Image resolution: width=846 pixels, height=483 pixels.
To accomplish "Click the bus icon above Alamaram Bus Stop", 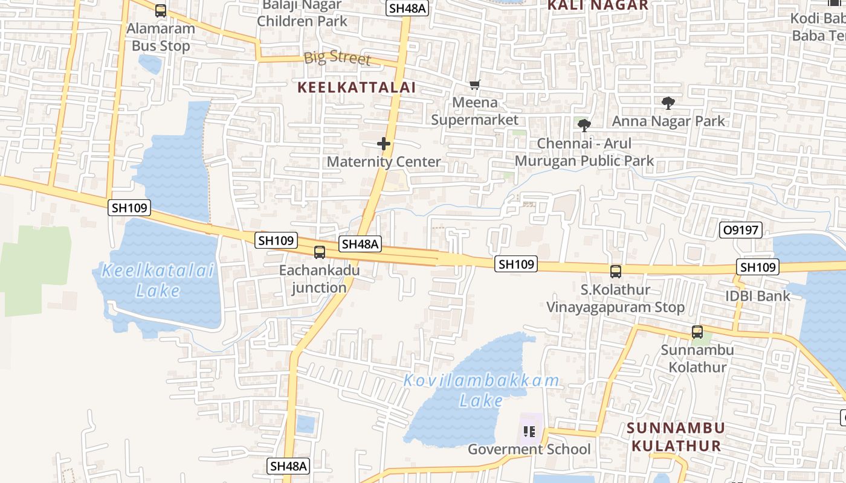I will coord(161,10).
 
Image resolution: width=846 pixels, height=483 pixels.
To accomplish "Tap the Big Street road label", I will coord(337,58).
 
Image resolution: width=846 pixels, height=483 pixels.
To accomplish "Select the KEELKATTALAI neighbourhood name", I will coord(357,88).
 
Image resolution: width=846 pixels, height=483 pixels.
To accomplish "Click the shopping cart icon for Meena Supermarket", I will coord(475,85).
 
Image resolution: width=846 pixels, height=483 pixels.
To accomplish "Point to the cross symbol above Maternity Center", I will coord(384,144).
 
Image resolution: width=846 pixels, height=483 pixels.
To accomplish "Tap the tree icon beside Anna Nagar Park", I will coord(668,103).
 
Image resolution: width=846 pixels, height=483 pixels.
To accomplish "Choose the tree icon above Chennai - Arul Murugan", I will coord(584,126).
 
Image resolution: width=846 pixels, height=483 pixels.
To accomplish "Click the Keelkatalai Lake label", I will coord(158,280).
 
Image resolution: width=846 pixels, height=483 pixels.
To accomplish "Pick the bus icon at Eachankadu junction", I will coord(319,252).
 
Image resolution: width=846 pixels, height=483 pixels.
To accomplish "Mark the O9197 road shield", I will coord(741,229).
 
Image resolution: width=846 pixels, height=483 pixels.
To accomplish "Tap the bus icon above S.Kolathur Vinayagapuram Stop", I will coord(615,272).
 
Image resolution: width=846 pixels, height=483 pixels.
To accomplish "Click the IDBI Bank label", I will coord(758,296).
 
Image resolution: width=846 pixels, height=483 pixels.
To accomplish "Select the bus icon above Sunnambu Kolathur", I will coord(697,331).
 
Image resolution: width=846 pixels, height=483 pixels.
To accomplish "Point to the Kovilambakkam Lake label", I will coord(481,390).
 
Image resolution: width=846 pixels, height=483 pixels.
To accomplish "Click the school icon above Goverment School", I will coord(529,431).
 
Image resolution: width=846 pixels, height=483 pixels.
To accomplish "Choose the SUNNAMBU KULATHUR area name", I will coord(676,437).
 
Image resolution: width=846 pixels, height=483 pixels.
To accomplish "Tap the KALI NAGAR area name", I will coord(598,6).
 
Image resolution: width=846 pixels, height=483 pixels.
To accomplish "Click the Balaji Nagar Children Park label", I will coord(302,13).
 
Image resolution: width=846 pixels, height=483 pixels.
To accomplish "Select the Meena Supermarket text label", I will coord(474,111).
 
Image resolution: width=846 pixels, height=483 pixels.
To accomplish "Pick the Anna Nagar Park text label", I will coord(668,121).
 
